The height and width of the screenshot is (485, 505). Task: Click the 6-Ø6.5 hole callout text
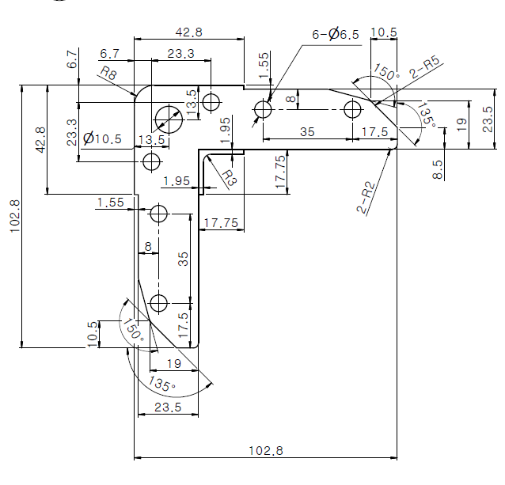tap(336, 34)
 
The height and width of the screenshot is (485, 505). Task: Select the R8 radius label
tap(108, 74)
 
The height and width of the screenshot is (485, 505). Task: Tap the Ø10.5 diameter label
tap(102, 138)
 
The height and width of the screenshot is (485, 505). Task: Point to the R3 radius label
tap(230, 178)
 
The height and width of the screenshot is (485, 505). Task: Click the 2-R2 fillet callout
tap(366, 198)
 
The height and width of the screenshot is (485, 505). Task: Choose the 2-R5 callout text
tap(424, 67)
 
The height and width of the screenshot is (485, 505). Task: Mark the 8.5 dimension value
tap(438, 169)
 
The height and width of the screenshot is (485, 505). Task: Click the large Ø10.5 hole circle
tap(169, 119)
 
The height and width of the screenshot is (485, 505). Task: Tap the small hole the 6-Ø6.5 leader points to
tap(263, 109)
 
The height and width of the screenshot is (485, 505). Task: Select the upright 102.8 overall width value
tap(266, 450)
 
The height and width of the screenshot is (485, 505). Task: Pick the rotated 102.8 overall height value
tap(15, 216)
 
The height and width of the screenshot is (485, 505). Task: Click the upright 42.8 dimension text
tap(188, 32)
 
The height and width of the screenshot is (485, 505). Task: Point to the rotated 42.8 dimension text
tap(40, 140)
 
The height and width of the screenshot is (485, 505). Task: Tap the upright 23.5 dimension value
tap(168, 407)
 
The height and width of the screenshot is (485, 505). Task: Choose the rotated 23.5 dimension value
tap(488, 119)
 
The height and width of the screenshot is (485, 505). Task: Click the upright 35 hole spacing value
tap(307, 131)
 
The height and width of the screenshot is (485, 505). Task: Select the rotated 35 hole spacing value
tap(183, 259)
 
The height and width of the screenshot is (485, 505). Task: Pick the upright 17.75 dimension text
tap(221, 222)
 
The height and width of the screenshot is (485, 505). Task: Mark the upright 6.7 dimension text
tap(109, 54)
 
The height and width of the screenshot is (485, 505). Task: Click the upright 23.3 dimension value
tap(180, 54)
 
